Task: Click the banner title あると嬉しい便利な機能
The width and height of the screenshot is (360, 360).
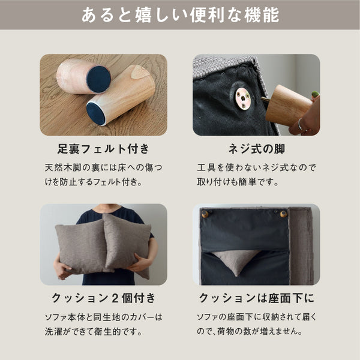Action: point(180,15)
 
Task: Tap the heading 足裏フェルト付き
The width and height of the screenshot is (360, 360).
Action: point(103,149)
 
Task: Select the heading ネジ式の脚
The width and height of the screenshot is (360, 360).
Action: point(256,149)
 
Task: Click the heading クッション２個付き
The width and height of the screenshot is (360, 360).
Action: point(104,298)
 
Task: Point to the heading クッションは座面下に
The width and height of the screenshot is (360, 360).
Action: point(256,298)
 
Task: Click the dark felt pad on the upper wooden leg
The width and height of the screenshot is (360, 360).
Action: point(99,79)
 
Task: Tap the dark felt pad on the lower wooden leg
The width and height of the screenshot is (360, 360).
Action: point(96,113)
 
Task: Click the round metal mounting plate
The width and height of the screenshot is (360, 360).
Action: point(243,98)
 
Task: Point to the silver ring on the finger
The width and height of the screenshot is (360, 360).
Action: point(301,124)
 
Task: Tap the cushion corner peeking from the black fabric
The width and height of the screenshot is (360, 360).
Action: point(237,261)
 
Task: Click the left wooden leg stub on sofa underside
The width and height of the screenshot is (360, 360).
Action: point(205,214)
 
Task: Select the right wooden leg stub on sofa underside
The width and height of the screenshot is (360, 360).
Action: point(283,214)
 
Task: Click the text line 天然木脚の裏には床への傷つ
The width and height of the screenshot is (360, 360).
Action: point(104,167)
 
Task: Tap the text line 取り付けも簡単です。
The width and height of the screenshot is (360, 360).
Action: point(238,182)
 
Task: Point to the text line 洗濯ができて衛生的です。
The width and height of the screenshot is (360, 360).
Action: point(94,331)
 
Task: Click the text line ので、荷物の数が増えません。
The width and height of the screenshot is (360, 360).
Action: point(250,331)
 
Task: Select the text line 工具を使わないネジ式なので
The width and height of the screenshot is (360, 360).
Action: point(256,167)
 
